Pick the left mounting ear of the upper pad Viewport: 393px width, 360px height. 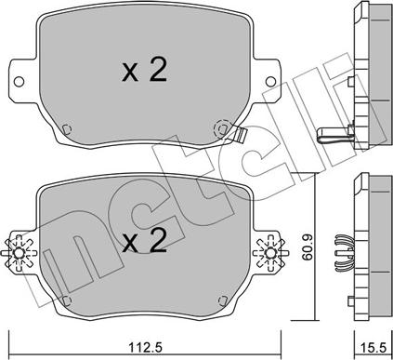click(x=20, y=79)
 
